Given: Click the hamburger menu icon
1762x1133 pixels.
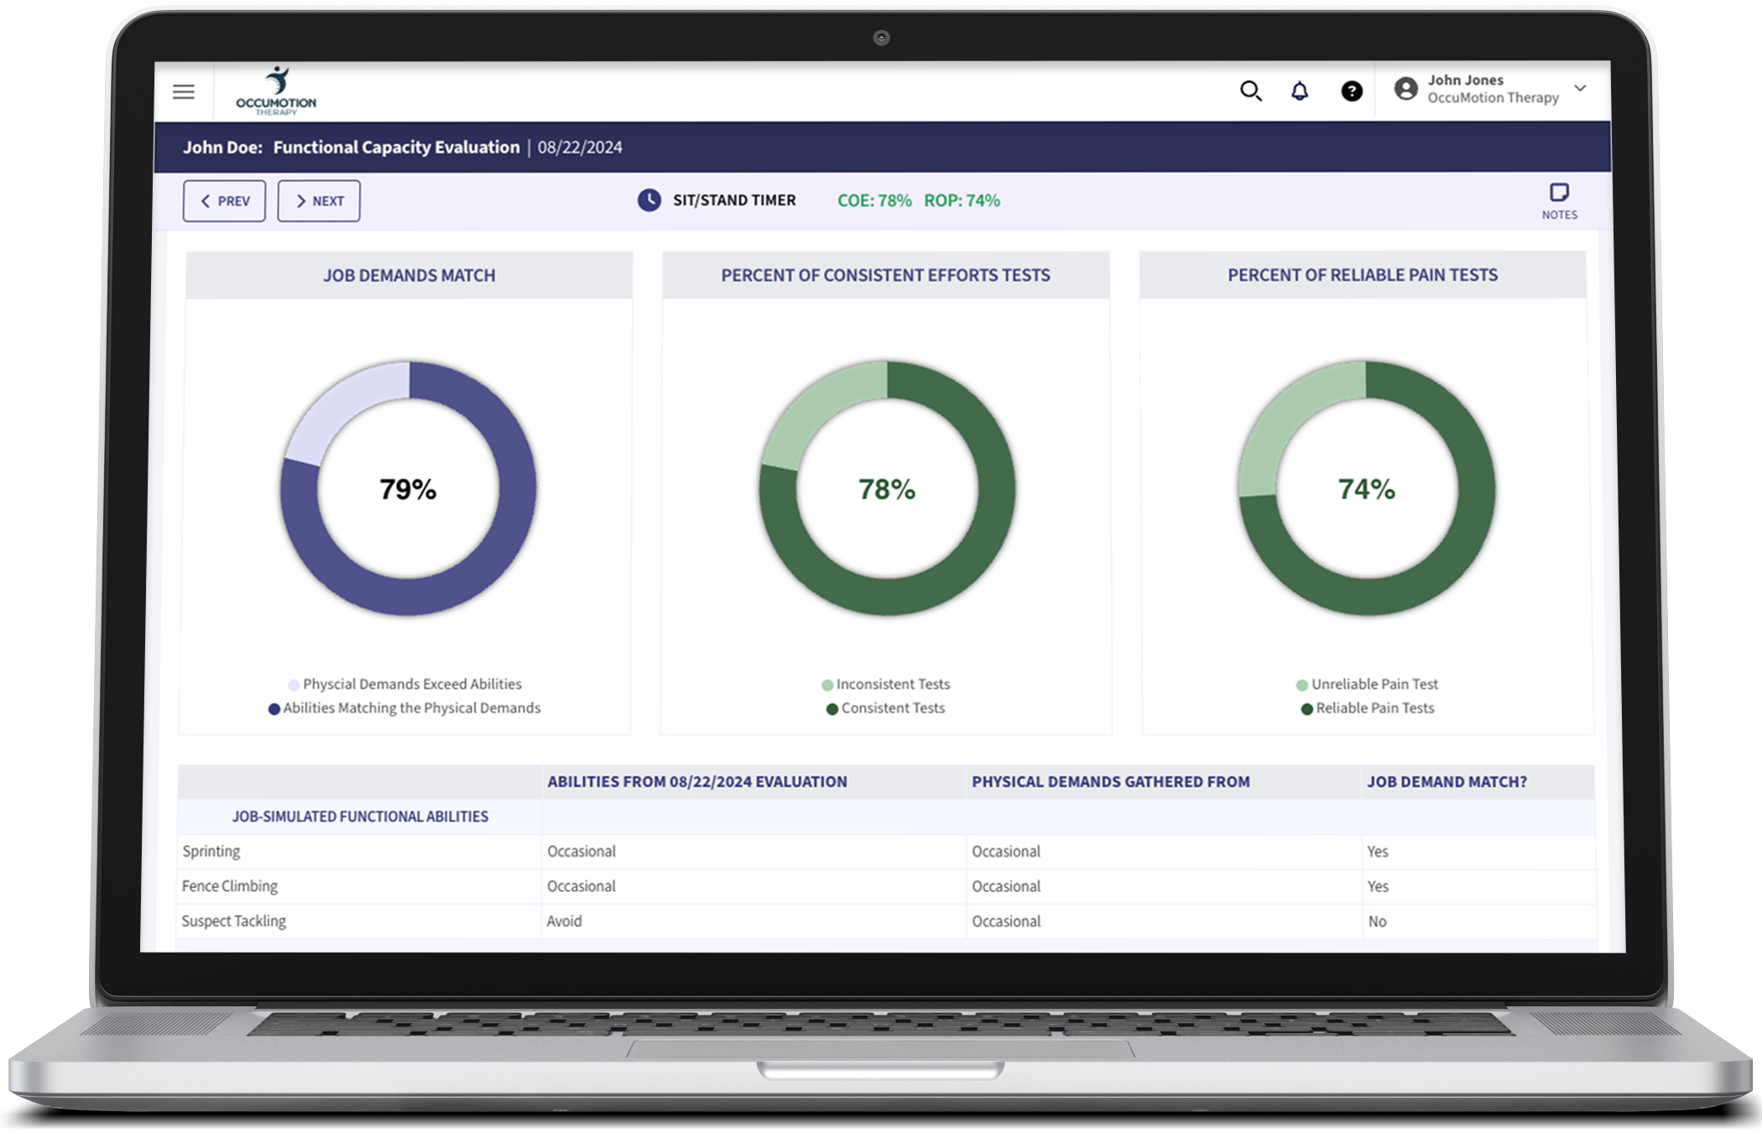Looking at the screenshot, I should tap(184, 91).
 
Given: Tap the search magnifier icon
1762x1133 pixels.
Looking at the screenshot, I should tap(1250, 91).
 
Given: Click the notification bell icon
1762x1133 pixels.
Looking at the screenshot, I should tap(1299, 91).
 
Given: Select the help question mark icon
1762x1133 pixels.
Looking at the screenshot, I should tap(1351, 91).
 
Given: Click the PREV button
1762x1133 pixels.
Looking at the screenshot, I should tap(224, 201).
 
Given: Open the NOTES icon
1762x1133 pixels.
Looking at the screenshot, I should tap(1559, 201).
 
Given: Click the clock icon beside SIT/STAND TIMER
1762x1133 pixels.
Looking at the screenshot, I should tap(649, 200).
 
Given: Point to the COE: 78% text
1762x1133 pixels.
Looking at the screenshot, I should tap(874, 201).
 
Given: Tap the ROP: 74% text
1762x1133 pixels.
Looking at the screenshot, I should tap(962, 201).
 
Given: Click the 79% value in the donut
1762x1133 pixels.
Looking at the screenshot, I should tap(408, 489).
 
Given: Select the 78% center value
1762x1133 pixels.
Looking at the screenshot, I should tap(887, 489).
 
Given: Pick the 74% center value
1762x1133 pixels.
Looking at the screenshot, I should tap(1366, 489).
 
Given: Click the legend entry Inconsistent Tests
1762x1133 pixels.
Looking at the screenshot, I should tap(892, 684).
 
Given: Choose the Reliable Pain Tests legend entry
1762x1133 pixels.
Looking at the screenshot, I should tap(1374, 707).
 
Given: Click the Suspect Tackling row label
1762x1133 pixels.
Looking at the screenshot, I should tap(234, 921).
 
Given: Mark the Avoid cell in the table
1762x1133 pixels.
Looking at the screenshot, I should tap(564, 921).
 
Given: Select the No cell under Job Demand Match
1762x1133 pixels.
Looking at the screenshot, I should tap(1377, 921).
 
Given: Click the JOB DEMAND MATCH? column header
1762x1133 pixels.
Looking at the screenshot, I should tap(1447, 781).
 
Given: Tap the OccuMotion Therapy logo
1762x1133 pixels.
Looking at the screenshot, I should tap(276, 91).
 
